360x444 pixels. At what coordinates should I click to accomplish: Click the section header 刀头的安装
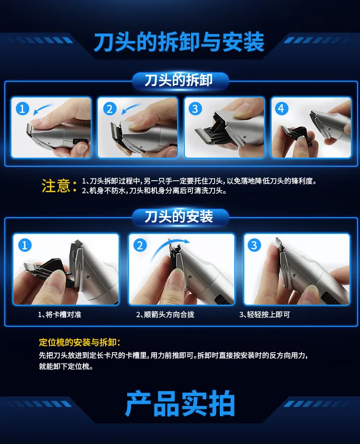179,217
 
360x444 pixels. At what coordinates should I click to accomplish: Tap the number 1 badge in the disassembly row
23,109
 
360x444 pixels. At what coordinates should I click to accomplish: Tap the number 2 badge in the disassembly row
109,109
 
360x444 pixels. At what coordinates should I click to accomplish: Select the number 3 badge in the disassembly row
194,109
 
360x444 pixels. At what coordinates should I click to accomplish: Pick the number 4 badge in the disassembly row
281,109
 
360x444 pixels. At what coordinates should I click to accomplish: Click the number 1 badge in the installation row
24,246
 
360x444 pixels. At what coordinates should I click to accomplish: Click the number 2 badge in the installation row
140,246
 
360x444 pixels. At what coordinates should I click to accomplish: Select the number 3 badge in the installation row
254,246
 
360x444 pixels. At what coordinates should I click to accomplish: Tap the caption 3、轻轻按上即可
264,315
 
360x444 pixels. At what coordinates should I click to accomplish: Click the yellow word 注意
56,186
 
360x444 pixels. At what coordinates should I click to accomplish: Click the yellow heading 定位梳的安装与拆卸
80,343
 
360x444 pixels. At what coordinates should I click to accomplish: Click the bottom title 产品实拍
180,405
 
